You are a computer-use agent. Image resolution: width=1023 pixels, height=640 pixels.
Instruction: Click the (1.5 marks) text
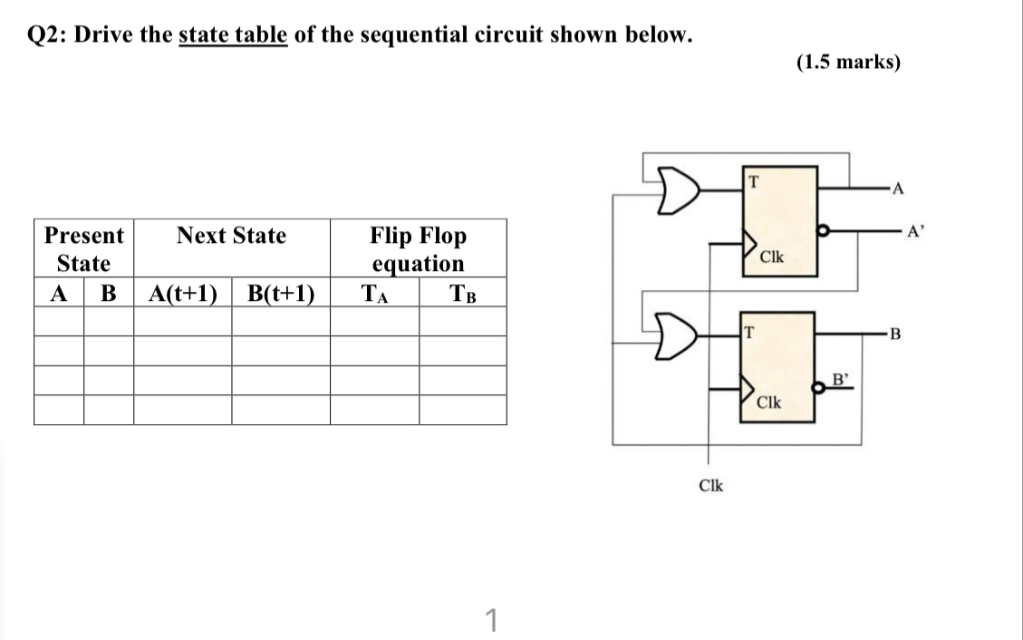(x=848, y=63)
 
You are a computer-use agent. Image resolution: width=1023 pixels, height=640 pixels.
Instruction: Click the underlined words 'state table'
(x=233, y=35)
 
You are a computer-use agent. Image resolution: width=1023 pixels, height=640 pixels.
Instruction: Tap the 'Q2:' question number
(x=50, y=35)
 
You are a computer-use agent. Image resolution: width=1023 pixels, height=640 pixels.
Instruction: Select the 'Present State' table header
(x=84, y=249)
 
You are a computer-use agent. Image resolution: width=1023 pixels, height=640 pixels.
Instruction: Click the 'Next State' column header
(x=231, y=237)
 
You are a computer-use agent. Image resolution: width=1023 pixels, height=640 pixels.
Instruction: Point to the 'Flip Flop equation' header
(x=418, y=249)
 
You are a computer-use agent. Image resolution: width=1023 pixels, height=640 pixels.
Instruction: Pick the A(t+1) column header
(x=182, y=294)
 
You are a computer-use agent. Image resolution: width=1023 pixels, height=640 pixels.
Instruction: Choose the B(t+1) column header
(x=280, y=294)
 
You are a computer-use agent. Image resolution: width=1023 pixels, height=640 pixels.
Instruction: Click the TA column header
(x=373, y=294)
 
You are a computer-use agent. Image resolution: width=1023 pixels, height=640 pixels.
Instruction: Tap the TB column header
(x=462, y=294)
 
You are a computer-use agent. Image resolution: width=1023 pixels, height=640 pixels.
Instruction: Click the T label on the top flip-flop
(x=751, y=179)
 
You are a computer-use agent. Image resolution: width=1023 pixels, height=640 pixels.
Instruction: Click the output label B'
(x=839, y=379)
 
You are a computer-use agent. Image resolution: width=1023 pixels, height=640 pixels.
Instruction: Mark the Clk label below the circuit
(x=711, y=486)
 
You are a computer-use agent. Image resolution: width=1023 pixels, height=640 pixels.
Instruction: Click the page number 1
(x=490, y=621)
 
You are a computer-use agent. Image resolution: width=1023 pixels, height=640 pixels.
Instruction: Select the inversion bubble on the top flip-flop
(x=823, y=231)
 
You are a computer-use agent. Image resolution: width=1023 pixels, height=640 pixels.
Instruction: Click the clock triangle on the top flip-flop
(x=749, y=244)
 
